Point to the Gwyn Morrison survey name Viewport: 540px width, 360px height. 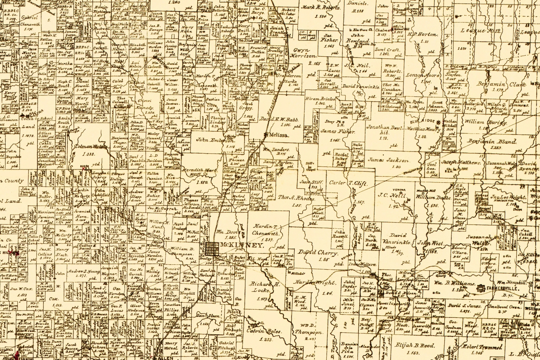[x=304, y=52]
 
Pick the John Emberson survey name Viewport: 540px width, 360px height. [x=215, y=140]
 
